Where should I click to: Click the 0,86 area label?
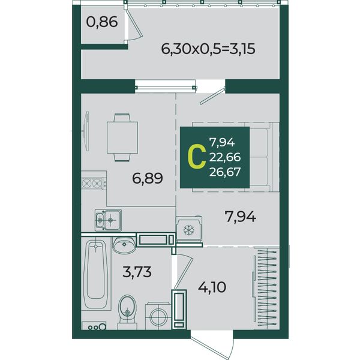(102, 22)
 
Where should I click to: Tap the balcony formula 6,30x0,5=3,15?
(208, 49)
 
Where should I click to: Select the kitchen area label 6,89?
(148, 178)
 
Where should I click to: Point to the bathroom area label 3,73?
(137, 272)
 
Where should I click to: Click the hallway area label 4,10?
(212, 287)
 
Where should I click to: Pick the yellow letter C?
(197, 158)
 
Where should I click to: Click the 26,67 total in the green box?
(225, 172)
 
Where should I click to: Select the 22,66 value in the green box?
(225, 157)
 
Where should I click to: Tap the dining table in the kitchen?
(122, 137)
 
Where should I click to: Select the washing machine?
(158, 316)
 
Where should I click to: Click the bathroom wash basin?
(124, 245)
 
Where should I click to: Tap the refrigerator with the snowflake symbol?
(189, 229)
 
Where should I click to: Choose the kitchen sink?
(108, 220)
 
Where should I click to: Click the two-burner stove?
(94, 183)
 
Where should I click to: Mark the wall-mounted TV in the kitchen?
(86, 131)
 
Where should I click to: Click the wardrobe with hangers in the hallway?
(266, 289)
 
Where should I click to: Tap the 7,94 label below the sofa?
(241, 217)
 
